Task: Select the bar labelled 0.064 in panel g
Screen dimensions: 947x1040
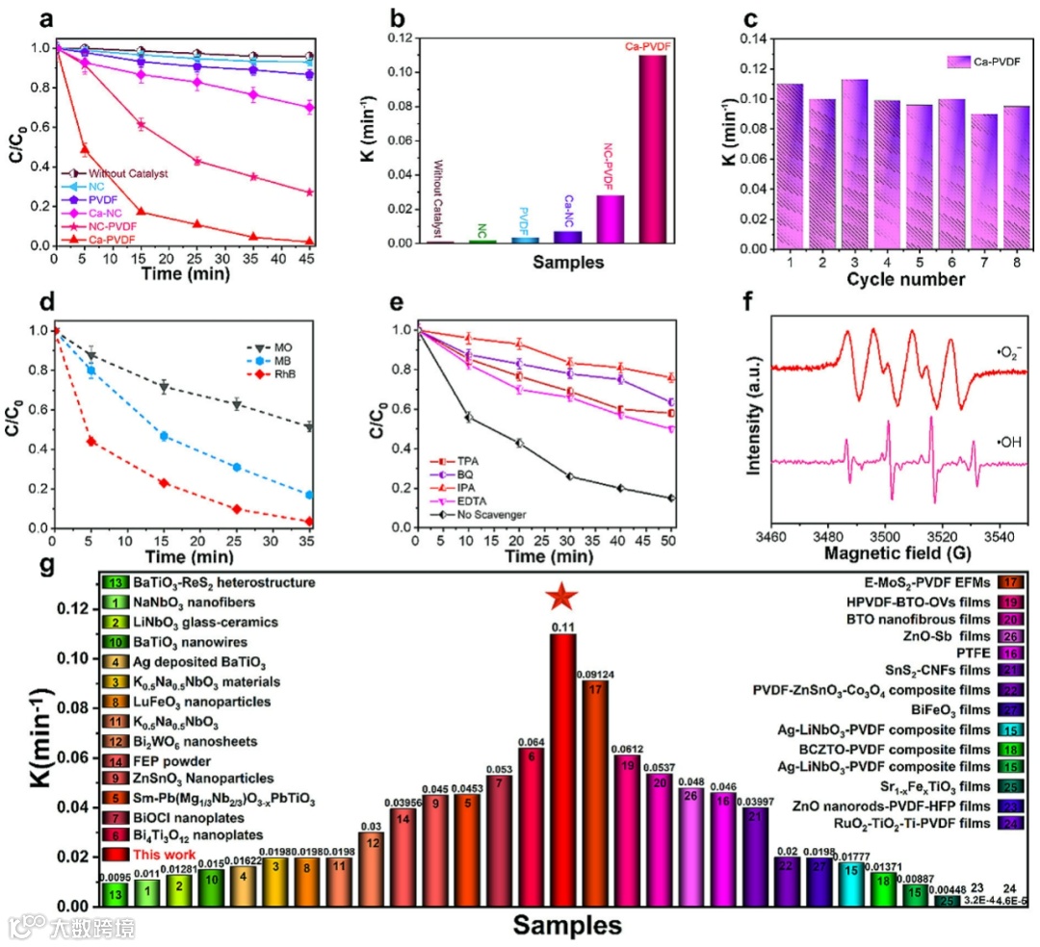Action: (529, 755)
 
